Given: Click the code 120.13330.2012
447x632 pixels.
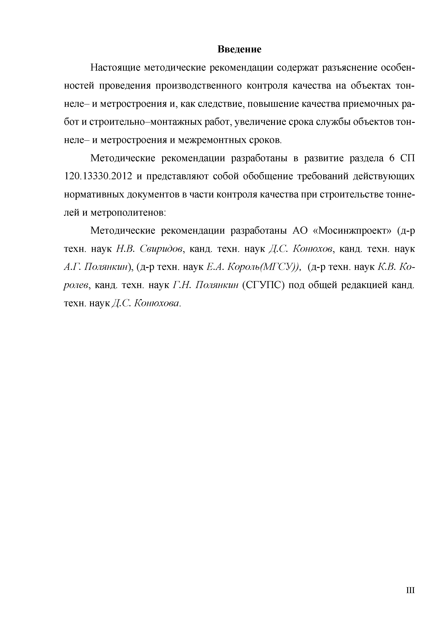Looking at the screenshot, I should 97,176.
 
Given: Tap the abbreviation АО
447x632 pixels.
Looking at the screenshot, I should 299,231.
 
